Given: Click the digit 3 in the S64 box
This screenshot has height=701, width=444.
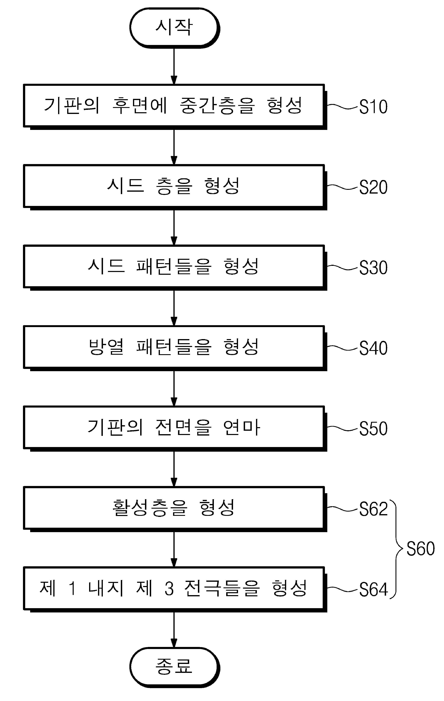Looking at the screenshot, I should click(x=169, y=588).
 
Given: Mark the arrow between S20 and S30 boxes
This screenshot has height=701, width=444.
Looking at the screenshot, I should click(x=174, y=227).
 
